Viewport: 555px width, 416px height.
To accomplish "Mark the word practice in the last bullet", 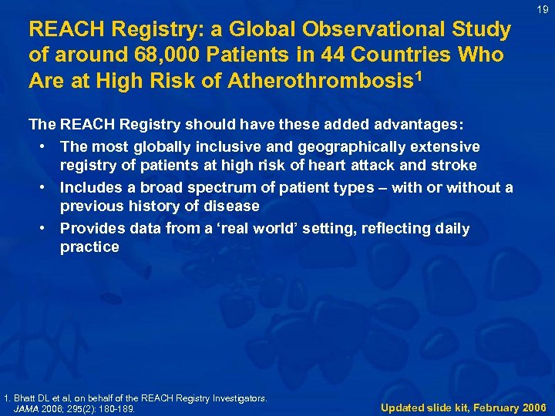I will (89, 247).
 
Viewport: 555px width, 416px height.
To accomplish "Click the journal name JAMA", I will (29, 408).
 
